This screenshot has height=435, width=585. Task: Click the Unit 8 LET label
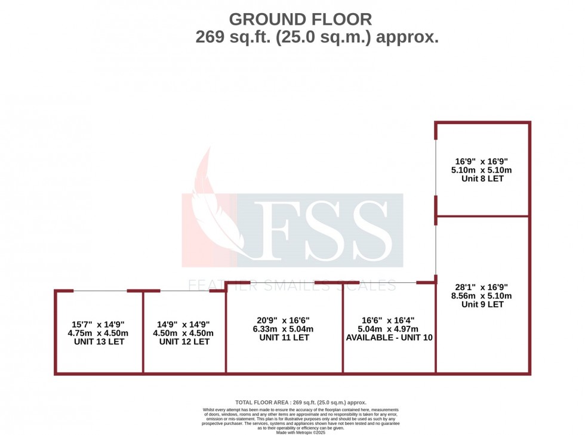point(483,178)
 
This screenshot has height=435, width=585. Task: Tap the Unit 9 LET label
point(483,304)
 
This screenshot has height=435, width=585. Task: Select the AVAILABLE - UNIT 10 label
point(389,337)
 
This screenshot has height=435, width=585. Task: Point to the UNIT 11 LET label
point(284,337)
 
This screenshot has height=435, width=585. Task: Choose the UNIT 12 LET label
point(184,342)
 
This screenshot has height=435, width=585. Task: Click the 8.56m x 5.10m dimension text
point(483,295)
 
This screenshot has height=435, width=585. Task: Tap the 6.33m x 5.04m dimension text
point(284,329)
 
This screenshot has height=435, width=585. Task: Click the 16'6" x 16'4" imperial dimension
point(389,320)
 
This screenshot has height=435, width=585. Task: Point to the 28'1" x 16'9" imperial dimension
point(483,286)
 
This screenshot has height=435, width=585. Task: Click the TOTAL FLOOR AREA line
point(301,403)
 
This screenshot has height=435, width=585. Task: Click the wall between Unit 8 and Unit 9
point(483,216)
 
